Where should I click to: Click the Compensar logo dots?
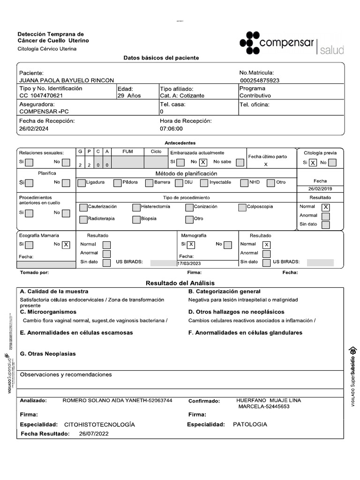249,42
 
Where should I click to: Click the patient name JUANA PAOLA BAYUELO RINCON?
66,81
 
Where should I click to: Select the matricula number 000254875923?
259,81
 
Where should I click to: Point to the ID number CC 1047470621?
41,96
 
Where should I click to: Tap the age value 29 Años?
129,96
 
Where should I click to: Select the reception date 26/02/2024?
34,128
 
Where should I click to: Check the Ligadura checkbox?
82,182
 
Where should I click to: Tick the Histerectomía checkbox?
136,207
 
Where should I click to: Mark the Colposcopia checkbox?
242,207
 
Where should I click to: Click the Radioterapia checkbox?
83,219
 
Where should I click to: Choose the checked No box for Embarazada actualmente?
203,162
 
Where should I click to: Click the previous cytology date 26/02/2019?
320,189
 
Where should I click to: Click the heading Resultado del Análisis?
180,283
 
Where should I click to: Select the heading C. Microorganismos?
48,312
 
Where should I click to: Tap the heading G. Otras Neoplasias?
47,354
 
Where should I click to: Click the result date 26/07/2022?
94,434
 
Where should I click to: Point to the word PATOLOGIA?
250,424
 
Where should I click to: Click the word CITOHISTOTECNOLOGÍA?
99,424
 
